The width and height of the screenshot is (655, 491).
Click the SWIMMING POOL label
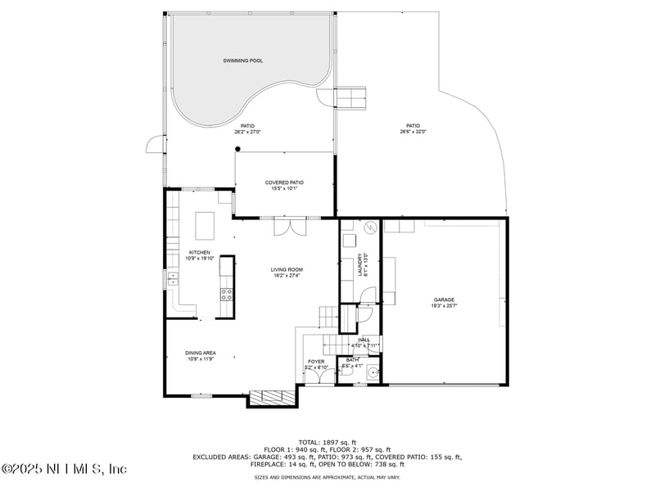[x=243, y=61]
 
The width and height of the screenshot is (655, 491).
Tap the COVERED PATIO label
[x=284, y=182]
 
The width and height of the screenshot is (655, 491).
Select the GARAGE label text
[x=444, y=300]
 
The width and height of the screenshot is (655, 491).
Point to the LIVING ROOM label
[x=287, y=269]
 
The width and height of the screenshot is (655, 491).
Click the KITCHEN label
[x=200, y=252]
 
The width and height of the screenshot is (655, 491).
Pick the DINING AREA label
[x=200, y=353]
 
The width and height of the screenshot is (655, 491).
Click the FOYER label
[x=316, y=361]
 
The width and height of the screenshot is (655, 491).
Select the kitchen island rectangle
[x=204, y=223]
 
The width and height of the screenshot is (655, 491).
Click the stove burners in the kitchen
[x=227, y=294]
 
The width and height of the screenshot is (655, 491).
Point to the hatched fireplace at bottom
[x=271, y=398]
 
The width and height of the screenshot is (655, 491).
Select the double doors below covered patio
[x=290, y=226]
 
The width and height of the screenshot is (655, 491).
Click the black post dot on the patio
[x=237, y=149]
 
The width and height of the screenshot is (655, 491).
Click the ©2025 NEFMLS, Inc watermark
[x=64, y=469]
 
